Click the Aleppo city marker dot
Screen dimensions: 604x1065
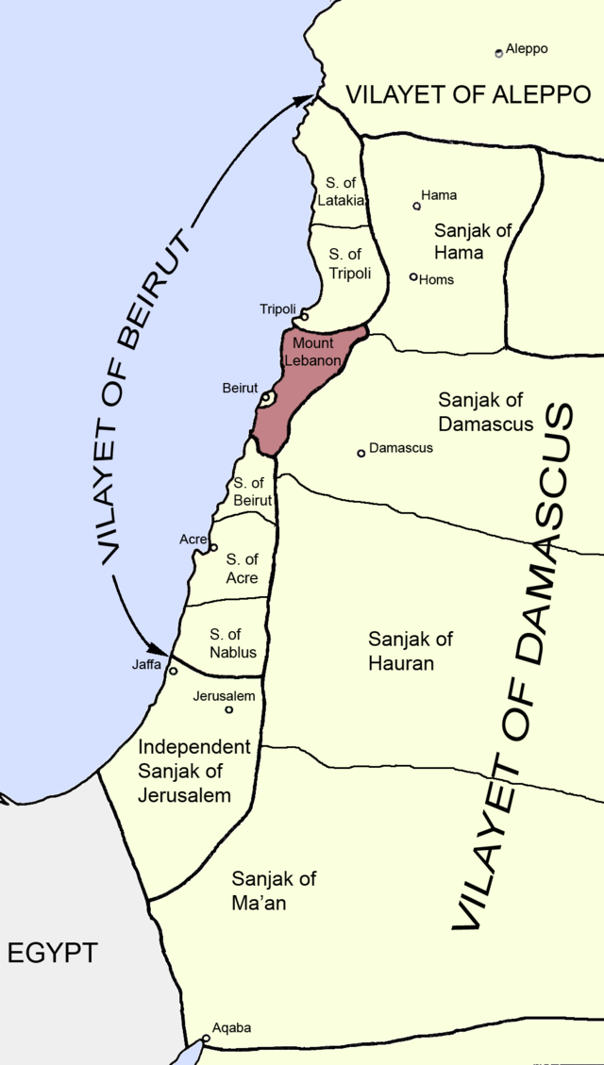499,53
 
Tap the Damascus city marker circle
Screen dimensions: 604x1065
361,454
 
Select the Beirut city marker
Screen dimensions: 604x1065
267,399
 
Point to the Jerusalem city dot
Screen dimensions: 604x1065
228,709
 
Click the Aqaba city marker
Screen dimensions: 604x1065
206,1039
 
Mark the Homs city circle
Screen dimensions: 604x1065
413,276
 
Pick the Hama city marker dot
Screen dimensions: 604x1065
416,206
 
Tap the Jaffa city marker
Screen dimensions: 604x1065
173,672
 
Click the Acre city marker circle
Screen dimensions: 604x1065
213,547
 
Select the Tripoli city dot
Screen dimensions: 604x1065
304,316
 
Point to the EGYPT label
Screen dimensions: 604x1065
52,953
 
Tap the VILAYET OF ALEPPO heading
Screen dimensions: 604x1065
467,94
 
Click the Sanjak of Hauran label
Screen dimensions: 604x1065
411,651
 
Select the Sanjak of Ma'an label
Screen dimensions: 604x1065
274,890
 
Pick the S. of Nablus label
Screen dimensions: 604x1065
233,643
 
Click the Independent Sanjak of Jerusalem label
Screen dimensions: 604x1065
194,771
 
